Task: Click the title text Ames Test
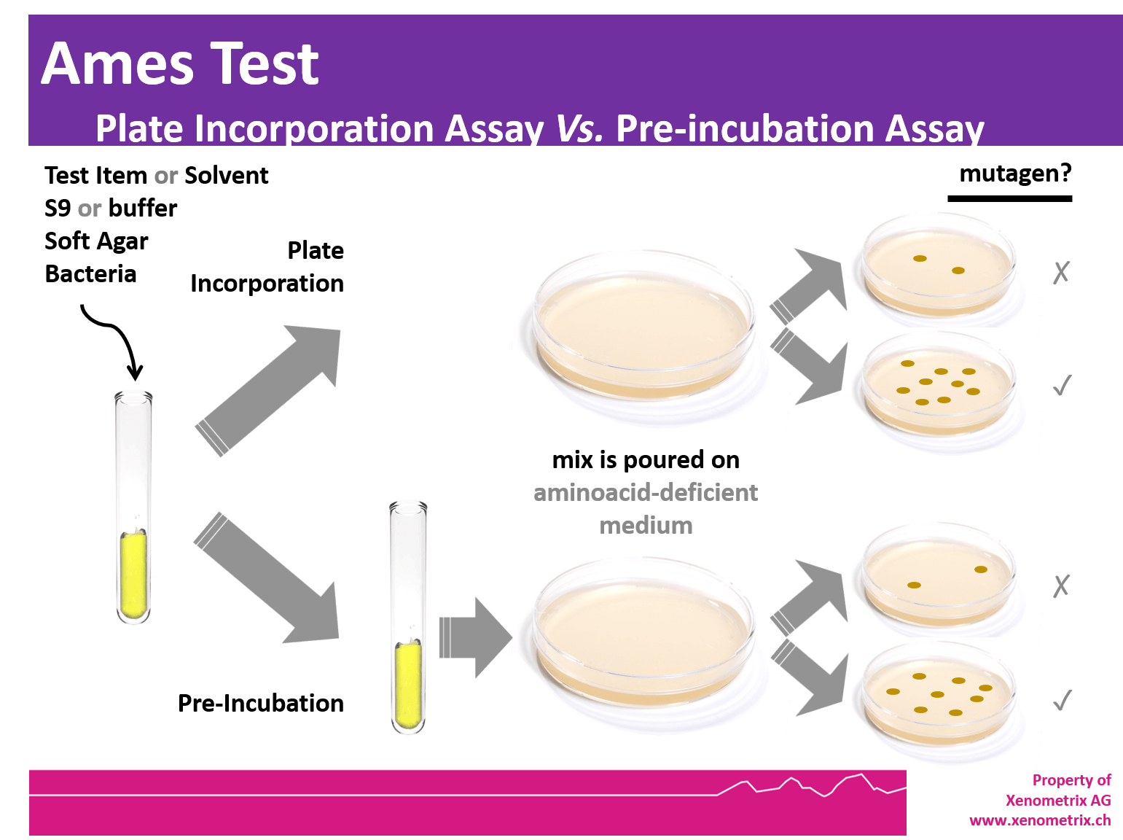coord(179,64)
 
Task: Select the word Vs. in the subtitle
coord(579,129)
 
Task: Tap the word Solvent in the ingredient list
coord(226,176)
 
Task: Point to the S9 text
coord(57,209)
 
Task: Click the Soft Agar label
coord(96,241)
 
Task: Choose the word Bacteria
coord(90,274)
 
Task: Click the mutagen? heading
coord(1015,174)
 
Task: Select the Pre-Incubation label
coord(261,703)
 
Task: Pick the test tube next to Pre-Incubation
coord(409,617)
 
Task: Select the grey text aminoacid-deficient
coord(646,493)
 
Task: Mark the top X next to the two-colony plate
coord(1061,272)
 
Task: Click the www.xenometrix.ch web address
coord(1040,820)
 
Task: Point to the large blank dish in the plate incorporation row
coord(644,335)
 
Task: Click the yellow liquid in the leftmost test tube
coord(134,576)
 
